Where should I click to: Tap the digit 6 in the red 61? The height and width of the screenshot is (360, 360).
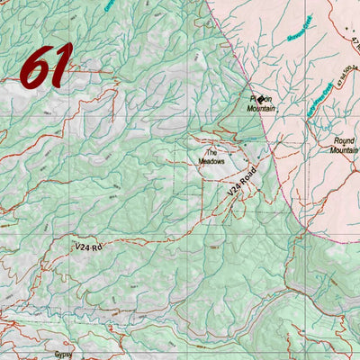35,67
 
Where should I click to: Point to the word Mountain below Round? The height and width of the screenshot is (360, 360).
345,151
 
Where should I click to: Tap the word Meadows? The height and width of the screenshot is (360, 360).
212,162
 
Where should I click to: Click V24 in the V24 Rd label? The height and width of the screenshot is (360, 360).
85,246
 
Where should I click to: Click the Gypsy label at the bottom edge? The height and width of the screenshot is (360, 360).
61,355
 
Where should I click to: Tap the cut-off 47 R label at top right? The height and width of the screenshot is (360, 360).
354,42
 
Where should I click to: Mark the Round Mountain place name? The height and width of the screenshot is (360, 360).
345,146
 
